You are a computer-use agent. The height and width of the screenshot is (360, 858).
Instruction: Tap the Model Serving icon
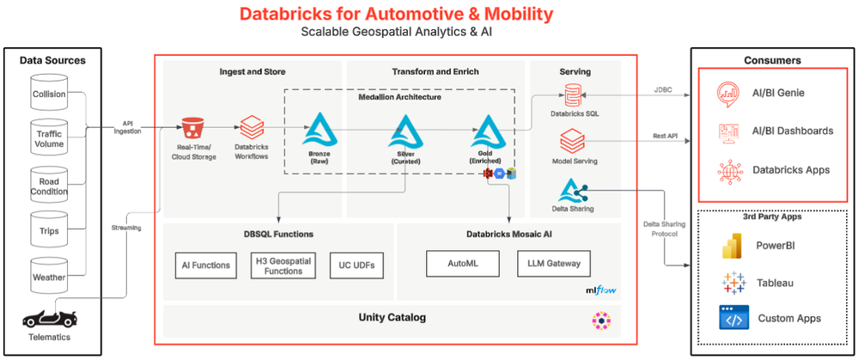(572, 140)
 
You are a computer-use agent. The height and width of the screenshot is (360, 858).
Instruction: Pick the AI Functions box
(206, 265)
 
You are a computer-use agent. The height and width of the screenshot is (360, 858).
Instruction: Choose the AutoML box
(462, 264)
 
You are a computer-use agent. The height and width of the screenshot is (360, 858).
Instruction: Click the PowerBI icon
(733, 247)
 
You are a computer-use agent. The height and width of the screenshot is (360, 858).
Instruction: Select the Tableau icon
(733, 283)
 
